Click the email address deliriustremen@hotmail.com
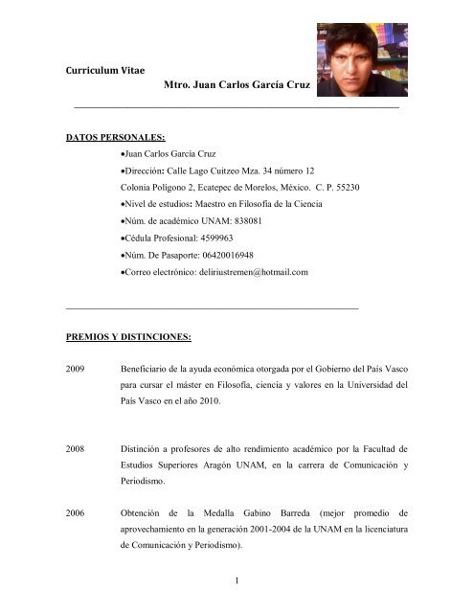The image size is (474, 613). click(x=246, y=273)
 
